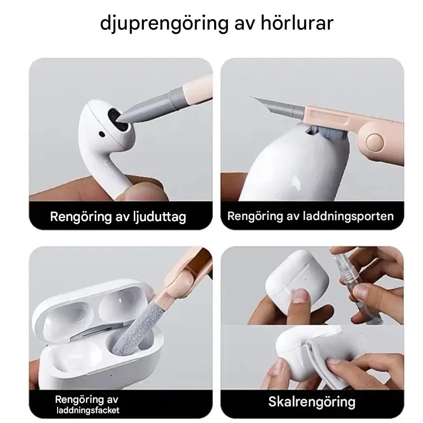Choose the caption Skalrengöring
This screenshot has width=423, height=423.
click(304, 402)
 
